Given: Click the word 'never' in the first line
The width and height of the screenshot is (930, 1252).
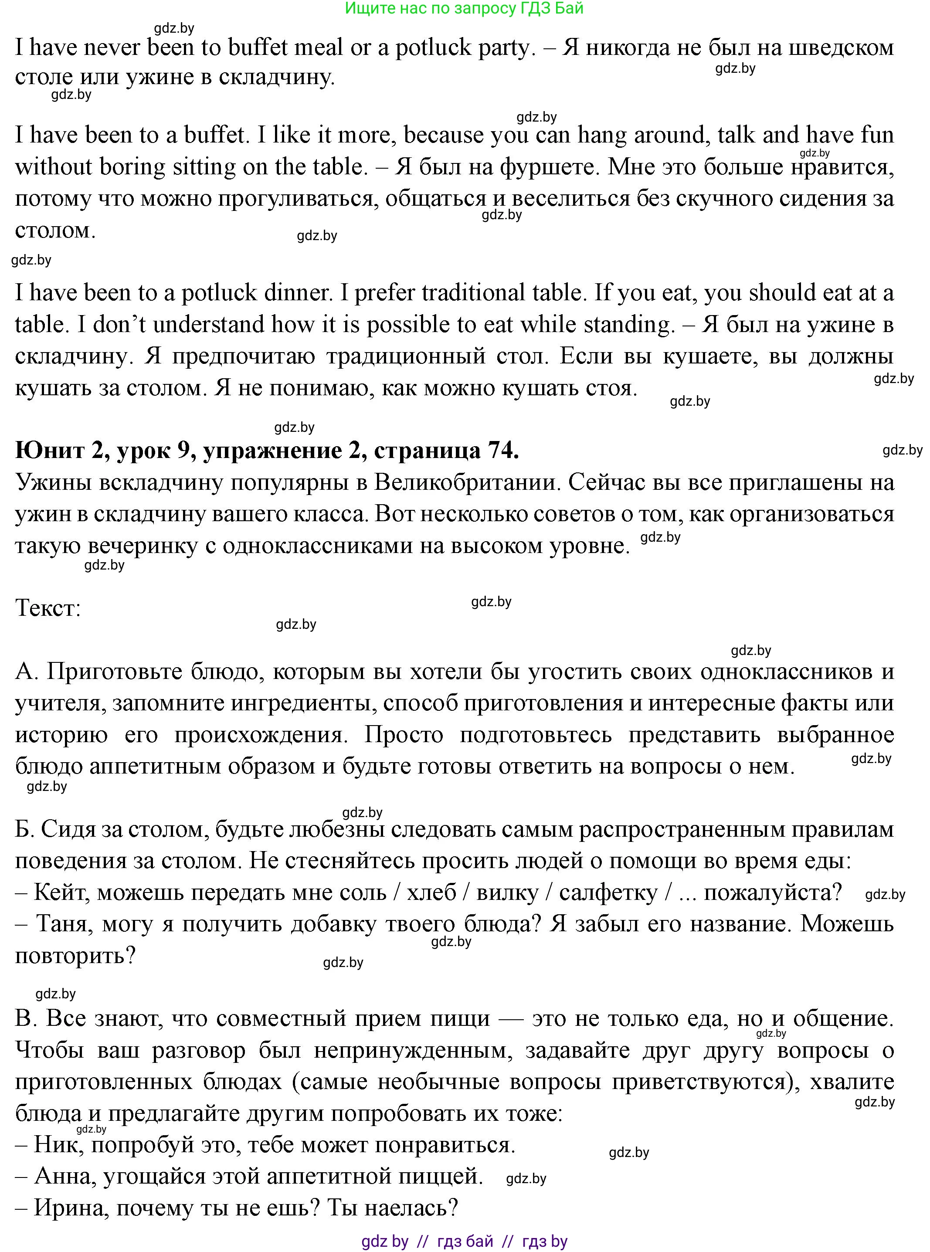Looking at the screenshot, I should coord(112,48).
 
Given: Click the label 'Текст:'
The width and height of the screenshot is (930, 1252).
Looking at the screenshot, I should coord(48,608).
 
